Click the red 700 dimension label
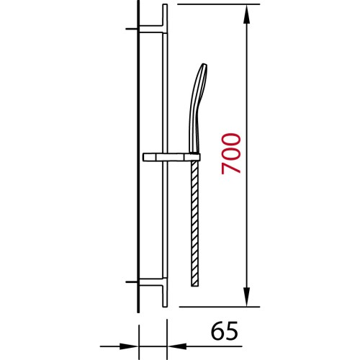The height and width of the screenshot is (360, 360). pos(231,154)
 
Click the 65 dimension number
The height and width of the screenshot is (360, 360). pos(225,331)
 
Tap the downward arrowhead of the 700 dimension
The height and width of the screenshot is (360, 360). pos(247,297)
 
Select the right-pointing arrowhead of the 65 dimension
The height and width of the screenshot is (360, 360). pos(129,346)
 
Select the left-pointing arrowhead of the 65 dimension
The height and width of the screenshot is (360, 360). pos(177,346)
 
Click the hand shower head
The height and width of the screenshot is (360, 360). pos(198,108)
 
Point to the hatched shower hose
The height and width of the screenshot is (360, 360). pos(194,223)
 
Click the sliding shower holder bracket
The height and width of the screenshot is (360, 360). pos(171,157)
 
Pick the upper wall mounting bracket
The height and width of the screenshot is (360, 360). pos(152,29)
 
